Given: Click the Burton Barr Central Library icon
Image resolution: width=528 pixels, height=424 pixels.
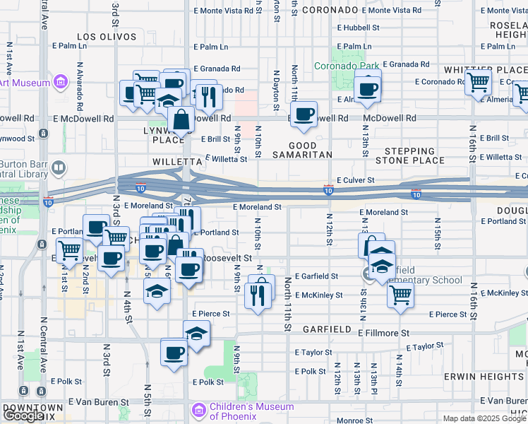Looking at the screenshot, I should [59, 168].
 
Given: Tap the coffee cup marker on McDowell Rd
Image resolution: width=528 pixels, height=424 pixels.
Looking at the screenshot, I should [304, 115].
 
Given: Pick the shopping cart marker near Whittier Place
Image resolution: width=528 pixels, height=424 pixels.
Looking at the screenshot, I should [479, 83].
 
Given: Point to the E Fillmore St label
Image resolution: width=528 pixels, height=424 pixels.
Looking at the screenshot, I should [383, 332].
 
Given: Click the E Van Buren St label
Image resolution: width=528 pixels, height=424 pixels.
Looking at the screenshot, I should [98, 401].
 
